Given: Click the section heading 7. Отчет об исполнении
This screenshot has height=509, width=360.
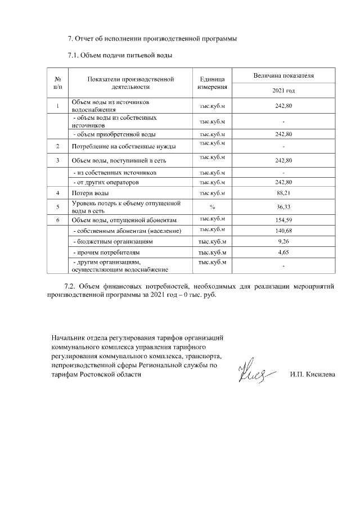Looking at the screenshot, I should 152,39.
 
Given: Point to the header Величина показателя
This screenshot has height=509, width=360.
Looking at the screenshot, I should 283,75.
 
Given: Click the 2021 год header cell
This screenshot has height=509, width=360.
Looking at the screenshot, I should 283,91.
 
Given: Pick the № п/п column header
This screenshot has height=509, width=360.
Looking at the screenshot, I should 58,83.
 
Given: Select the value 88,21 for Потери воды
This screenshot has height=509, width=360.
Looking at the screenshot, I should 283,193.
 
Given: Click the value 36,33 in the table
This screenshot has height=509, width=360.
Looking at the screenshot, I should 283,206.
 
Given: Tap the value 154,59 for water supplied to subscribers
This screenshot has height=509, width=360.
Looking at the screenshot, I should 283,219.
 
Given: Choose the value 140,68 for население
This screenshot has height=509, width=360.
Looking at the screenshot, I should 283,231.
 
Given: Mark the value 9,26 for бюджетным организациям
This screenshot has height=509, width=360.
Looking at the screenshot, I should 283,241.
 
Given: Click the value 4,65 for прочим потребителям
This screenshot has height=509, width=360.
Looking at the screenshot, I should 283,253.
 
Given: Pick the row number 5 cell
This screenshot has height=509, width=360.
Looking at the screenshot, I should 58,206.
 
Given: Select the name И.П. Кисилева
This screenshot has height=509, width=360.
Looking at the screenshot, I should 312,375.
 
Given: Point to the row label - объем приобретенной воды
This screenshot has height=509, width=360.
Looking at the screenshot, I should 115,134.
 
